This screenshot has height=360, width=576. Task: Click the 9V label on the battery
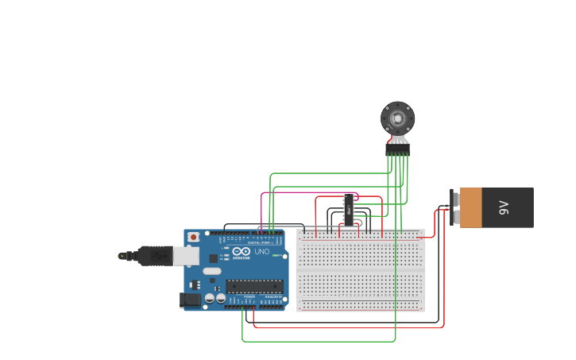tap(503, 207)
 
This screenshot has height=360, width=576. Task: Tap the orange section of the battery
tap(471, 207)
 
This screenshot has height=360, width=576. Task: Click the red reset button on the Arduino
tap(193, 237)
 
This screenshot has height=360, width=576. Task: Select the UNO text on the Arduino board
tap(261, 252)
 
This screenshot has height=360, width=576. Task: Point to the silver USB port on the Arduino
tap(186, 255)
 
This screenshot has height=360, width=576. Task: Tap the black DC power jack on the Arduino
tap(190, 300)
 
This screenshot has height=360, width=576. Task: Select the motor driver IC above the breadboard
tap(348, 209)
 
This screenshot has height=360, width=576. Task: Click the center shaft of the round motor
tap(397, 118)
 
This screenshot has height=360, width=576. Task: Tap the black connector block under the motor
tap(397, 148)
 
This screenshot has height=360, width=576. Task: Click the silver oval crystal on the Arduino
tap(212, 271)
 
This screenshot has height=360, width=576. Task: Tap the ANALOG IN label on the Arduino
tap(273, 296)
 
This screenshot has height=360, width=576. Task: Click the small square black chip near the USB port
tap(213, 257)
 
